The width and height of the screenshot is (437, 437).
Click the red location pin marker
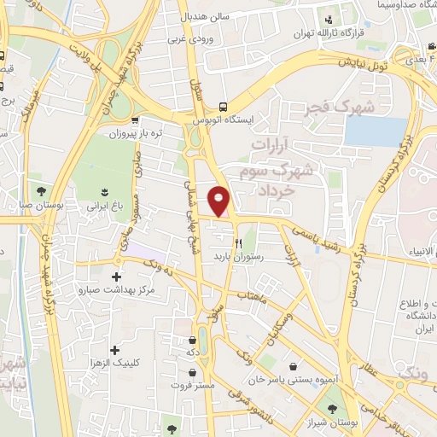pyautogui.click(x=220, y=201)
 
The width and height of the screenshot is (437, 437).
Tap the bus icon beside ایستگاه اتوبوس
pyautogui.click(x=223, y=107)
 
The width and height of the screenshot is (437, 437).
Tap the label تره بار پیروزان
pyautogui.click(x=137, y=134)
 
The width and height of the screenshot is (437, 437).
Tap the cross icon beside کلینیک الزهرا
pyautogui.click(x=115, y=350)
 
